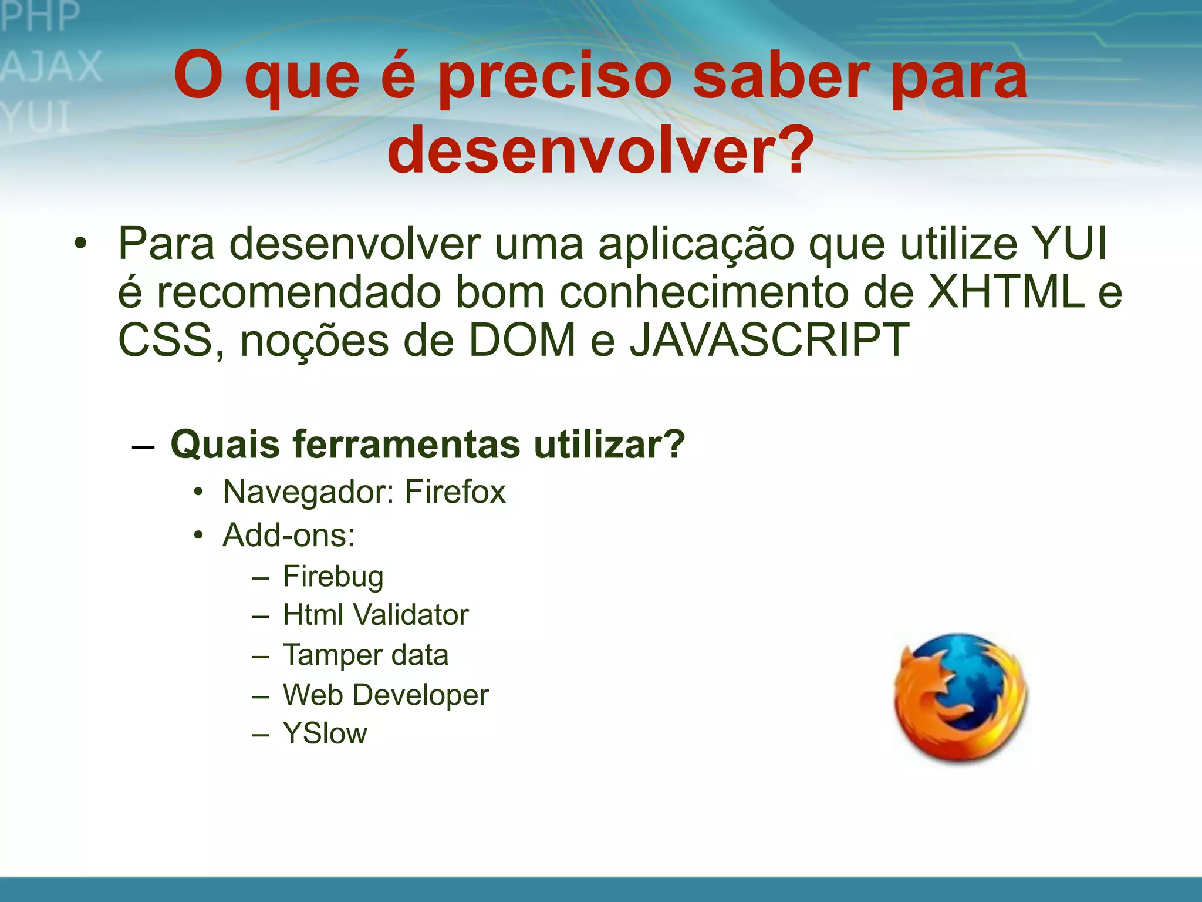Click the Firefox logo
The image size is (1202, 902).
point(961,698)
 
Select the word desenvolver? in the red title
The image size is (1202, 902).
point(600,150)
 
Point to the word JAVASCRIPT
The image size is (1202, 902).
point(769,340)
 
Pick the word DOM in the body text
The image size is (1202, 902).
point(522,340)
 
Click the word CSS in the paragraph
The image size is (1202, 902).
point(165,340)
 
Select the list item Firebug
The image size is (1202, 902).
point(333,576)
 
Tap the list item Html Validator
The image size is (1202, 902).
point(376,615)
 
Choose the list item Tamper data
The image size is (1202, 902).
point(366,655)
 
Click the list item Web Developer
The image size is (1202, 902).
point(386,695)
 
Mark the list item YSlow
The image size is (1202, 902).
point(325,733)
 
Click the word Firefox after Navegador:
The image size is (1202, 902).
point(455,492)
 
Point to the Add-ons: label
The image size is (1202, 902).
point(289,535)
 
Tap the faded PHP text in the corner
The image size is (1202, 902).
point(40,16)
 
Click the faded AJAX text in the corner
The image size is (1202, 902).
point(52,66)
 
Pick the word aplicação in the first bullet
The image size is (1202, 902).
point(696,244)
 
